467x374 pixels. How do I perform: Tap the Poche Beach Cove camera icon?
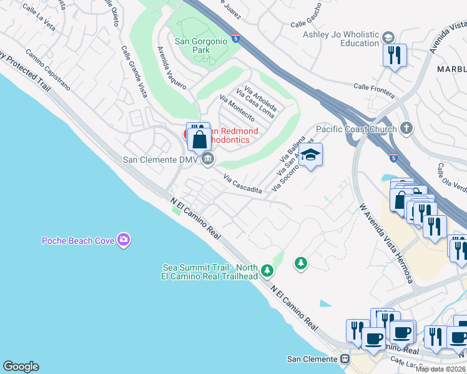(124, 239)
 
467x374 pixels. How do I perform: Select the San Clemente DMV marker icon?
(209, 160)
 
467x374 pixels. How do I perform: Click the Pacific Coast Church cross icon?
(406, 129)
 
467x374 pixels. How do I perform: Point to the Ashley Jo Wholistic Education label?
(342, 39)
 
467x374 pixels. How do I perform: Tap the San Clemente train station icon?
(344, 359)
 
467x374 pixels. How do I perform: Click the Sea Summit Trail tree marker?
(267, 271)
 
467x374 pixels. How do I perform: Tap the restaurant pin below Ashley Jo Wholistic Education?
(395, 55)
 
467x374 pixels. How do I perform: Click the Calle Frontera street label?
(374, 90)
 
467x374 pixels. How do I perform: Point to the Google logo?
(21, 367)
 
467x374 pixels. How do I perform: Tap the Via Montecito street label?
(238, 108)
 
